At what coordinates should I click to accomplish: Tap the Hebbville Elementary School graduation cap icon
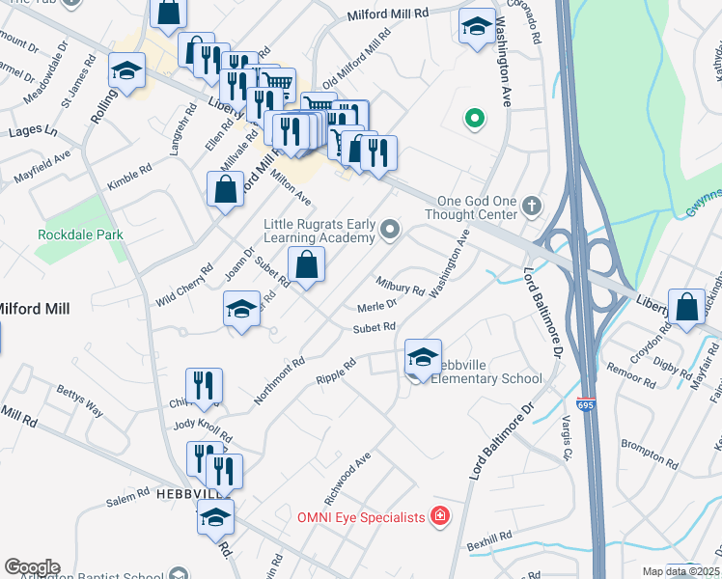click(422, 357)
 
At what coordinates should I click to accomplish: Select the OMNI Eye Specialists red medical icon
click(440, 517)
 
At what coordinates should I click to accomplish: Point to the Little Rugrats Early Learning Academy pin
click(389, 229)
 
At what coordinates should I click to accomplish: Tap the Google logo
click(32, 567)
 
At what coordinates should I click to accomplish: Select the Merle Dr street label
click(377, 306)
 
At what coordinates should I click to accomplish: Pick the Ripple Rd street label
click(336, 371)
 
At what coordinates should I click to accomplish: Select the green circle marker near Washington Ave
click(474, 120)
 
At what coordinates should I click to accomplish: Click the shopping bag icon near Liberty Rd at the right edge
click(686, 308)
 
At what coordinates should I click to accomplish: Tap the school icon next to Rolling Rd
click(125, 72)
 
